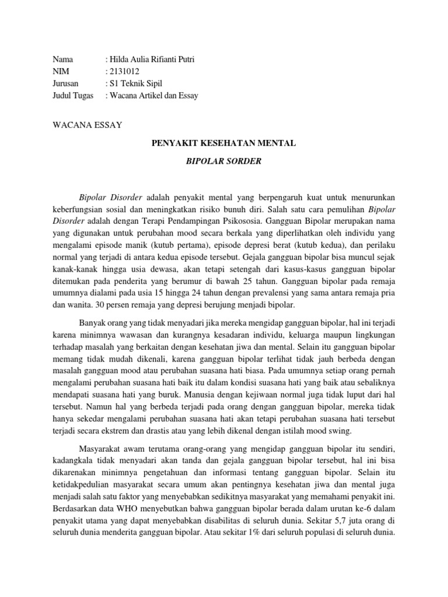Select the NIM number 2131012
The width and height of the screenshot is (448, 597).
pos(124,72)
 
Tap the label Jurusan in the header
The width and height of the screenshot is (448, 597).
pos(65,83)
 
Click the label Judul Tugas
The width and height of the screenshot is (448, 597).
pos(73,96)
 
